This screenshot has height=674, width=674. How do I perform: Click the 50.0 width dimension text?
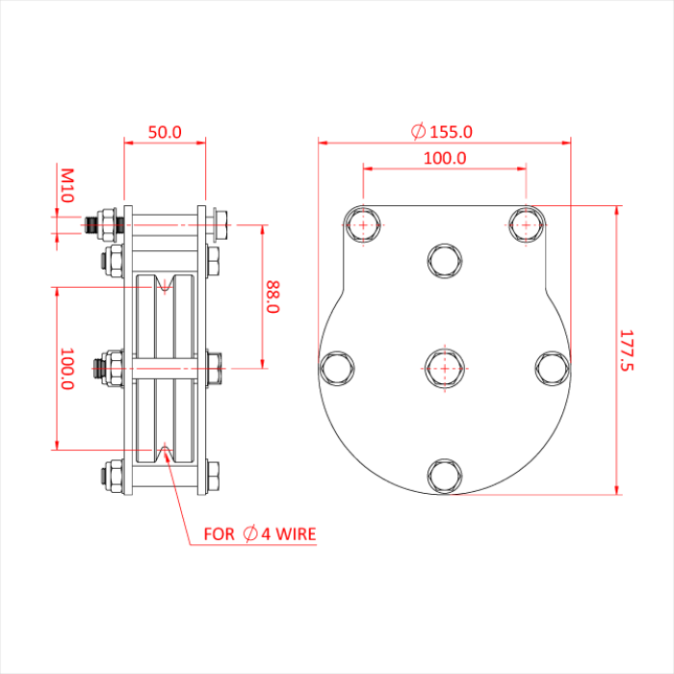[165, 132]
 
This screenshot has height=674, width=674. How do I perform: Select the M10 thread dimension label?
[67, 185]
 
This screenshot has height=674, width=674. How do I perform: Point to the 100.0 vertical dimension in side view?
[67, 369]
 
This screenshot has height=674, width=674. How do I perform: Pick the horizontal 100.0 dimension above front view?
[444, 157]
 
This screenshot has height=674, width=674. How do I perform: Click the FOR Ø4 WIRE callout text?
[259, 532]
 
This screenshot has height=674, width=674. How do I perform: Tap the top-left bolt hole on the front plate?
[363, 225]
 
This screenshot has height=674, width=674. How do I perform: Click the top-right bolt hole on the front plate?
[526, 225]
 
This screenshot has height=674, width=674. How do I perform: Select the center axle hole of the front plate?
[444, 367]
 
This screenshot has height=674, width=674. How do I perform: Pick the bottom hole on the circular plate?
[444, 475]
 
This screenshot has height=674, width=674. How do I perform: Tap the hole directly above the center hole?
[444, 260]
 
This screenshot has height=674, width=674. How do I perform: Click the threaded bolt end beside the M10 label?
[92, 226]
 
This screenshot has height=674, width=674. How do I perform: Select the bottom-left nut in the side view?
[111, 475]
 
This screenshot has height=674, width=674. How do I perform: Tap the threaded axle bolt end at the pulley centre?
[98, 366]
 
